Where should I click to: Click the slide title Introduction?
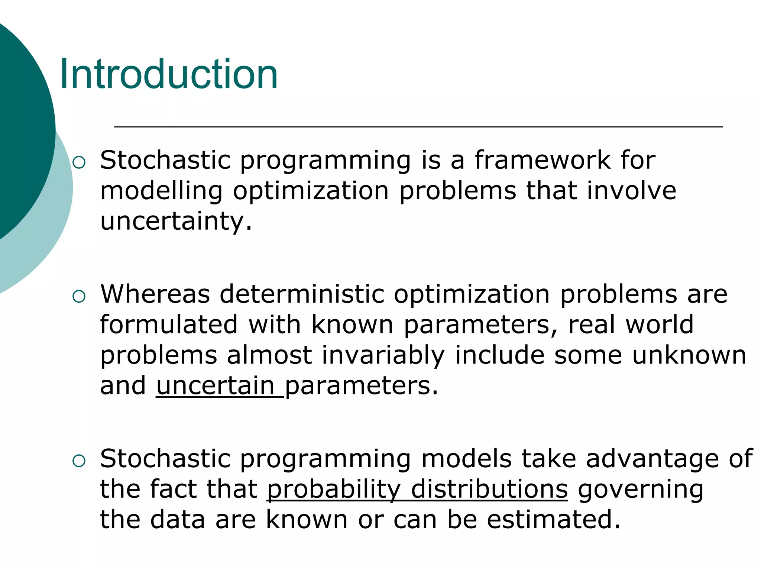[169, 74]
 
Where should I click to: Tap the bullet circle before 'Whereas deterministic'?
[79, 296]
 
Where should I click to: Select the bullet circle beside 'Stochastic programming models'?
[79, 461]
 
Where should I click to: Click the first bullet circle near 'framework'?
[79, 162]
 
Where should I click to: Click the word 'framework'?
[543, 161]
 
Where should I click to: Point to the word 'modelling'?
[161, 191]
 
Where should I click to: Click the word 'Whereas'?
[155, 294]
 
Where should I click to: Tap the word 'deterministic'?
[302, 294]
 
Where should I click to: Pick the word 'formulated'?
[169, 325]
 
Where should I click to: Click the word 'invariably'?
[383, 356]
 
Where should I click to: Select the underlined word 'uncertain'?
[216, 386]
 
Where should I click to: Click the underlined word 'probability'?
[334, 490]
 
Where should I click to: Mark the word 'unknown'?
[689, 355]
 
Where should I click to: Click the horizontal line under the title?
[418, 127]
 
